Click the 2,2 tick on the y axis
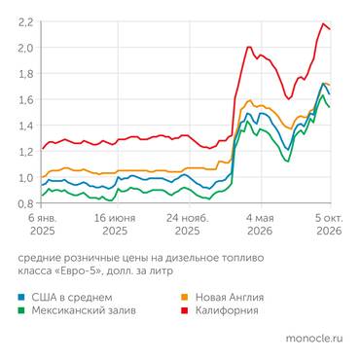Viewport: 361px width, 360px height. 25,22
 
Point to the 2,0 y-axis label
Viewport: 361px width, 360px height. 25,48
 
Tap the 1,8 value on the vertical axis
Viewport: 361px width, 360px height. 25,74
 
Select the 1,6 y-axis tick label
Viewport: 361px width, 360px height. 25,100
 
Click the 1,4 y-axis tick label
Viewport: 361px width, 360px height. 25,126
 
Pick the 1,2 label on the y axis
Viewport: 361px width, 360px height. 25,152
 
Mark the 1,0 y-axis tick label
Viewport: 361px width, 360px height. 25,178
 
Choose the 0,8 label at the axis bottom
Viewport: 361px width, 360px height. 25,203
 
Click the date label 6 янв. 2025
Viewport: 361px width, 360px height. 43,225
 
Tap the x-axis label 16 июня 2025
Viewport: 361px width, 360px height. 115,225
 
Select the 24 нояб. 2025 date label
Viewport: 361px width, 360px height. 188,225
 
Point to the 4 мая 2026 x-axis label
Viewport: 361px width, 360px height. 260,225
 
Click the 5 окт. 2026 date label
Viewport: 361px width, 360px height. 329,225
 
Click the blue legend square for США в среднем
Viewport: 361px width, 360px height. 21,297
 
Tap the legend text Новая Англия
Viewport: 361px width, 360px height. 230,297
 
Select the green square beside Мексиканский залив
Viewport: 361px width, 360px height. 21,310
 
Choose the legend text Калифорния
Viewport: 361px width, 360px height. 227,310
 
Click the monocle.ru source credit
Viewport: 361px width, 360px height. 314,339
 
